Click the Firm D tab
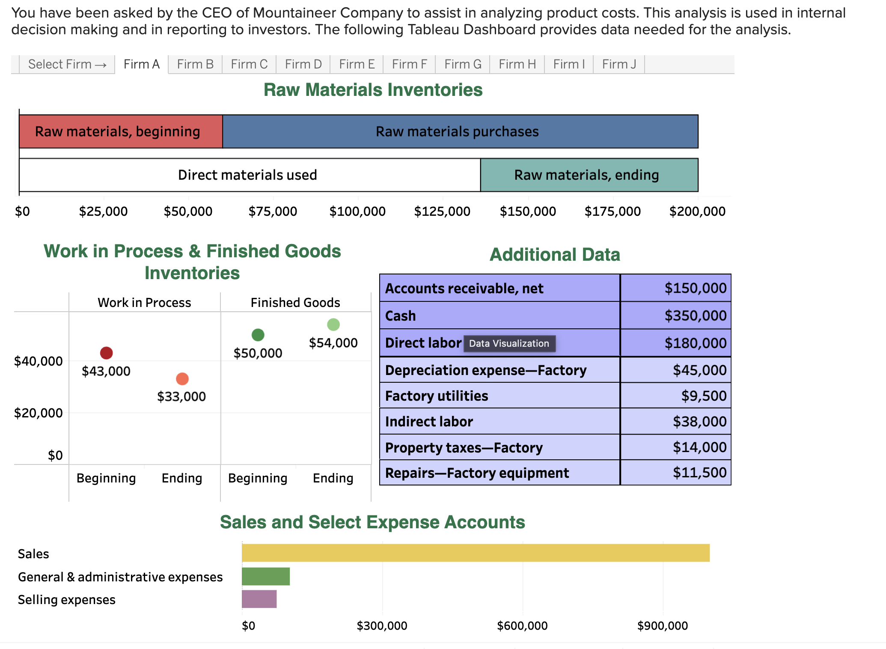coord(303,64)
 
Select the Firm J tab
coord(619,64)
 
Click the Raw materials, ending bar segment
coord(589,175)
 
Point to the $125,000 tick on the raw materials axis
coord(442,211)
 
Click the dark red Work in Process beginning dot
coord(106,353)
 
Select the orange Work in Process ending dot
coord(182,379)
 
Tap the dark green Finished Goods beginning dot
coord(258,335)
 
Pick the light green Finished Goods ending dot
coord(333,324)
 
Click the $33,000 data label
coord(181,396)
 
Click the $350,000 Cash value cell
coord(675,316)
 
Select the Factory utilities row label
coord(437,396)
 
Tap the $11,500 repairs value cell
coord(675,473)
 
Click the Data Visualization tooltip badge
coord(509,343)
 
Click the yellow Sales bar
coord(475,553)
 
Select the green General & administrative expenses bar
coord(266,576)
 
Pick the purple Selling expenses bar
coord(259,599)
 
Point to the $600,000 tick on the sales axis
coord(522,626)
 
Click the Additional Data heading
coord(555,255)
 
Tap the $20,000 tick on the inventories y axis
coord(39,413)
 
